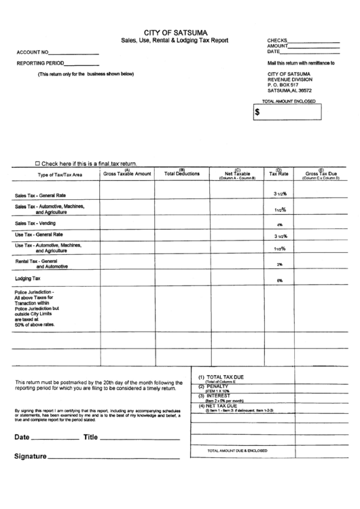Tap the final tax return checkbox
click(37, 164)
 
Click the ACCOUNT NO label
click(32, 52)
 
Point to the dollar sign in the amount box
click(257, 113)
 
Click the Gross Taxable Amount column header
click(127, 174)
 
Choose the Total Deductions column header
click(182, 174)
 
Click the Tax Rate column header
click(278, 174)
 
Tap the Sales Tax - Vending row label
click(35, 223)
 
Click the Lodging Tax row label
click(28, 279)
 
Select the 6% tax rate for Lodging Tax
click(279, 281)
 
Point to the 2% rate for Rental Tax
click(279, 264)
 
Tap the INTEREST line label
click(218, 396)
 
